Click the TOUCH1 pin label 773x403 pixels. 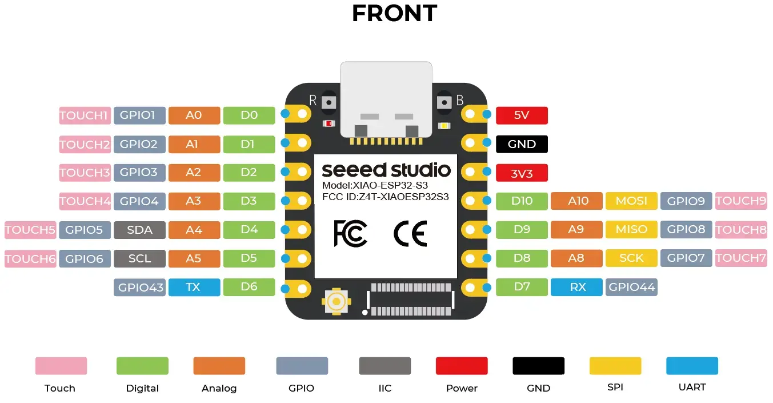tap(84, 115)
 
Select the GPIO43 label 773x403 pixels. tap(139, 287)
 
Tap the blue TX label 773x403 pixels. tap(194, 287)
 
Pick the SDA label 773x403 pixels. tap(139, 230)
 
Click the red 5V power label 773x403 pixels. tap(522, 115)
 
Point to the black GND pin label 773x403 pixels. tap(522, 144)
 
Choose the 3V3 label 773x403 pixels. tap(522, 173)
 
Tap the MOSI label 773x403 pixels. tap(631, 201)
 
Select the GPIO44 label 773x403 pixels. tap(631, 287)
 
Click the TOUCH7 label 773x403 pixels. tap(740, 258)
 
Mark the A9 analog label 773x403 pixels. tap(576, 229)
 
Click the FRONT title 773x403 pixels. tap(394, 14)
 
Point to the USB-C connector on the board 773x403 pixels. tap(386, 97)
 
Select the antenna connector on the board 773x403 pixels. tap(337, 301)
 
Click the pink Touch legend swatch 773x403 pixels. tap(61, 366)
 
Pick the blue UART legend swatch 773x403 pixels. tap(692, 366)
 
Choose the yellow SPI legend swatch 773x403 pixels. tap(615, 366)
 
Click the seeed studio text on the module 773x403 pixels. tap(386, 170)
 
